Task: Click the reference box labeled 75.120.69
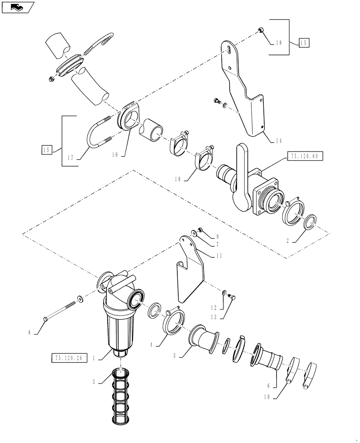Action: click(x=305, y=156)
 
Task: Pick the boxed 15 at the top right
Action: click(x=304, y=43)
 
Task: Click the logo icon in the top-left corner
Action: click(x=17, y=7)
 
